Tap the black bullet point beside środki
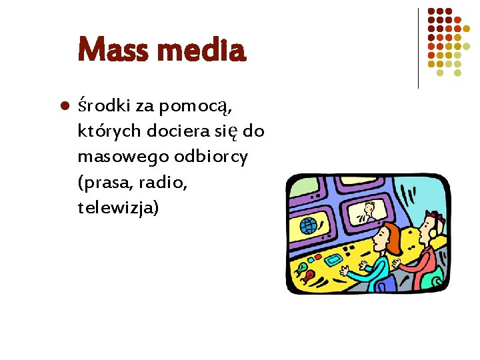click(x=65, y=106)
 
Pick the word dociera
click(x=174, y=131)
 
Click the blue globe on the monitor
click(x=309, y=226)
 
